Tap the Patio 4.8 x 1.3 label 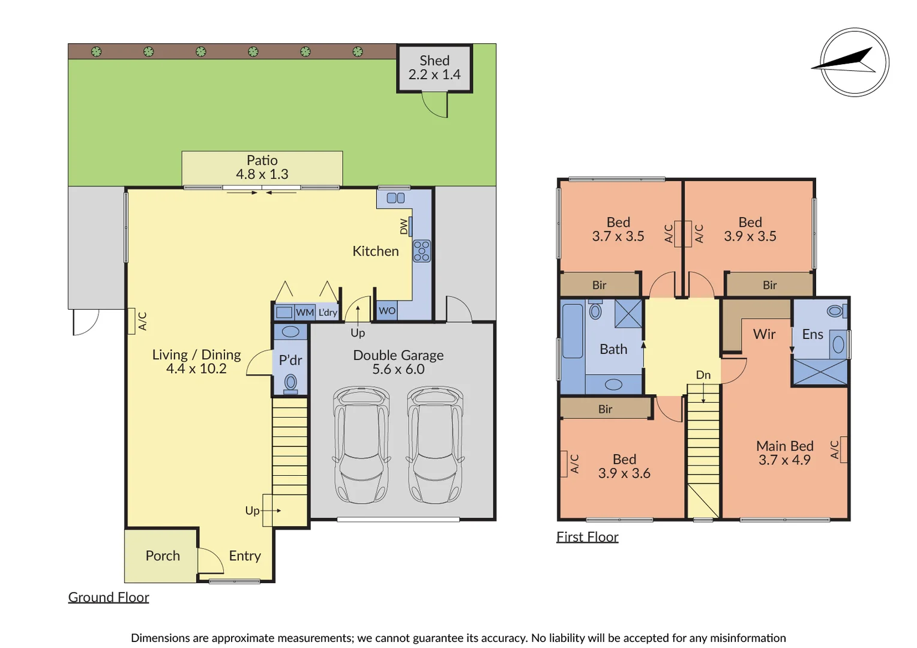coord(262,167)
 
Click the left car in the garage coord(361,444)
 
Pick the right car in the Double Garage coord(435,444)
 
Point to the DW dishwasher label coord(404,227)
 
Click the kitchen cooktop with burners coord(421,251)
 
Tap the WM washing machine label coord(305,313)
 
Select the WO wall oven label coord(387,311)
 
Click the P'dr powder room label coord(290,360)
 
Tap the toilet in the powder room coord(290,382)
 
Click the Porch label coord(163,556)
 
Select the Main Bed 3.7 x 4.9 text coord(784,453)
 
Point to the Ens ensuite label coord(813,334)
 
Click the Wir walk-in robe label coord(764,334)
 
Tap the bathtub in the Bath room coord(573,331)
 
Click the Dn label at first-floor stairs coord(703,375)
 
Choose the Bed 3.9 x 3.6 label coord(624,466)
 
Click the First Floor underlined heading coord(587,537)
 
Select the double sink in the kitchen coord(395,198)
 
